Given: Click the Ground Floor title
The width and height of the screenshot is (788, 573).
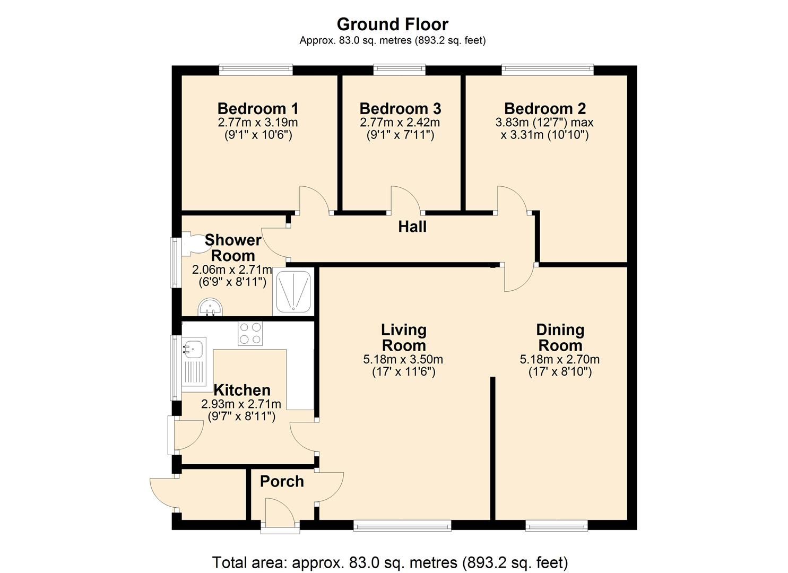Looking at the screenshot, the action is pos(393,24).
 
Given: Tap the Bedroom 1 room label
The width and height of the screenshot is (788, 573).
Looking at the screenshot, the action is pos(258,108).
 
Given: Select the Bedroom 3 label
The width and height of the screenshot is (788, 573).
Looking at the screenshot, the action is pos(400,108).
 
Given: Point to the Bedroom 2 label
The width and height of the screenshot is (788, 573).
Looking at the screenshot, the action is pos(545,108).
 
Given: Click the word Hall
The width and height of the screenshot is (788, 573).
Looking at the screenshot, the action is pos(412,227).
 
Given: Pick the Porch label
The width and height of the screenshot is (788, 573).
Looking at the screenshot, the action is pos(282,482).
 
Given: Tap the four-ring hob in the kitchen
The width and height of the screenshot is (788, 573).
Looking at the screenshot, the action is pos(250,334).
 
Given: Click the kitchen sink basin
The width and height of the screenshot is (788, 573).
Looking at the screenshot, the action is pos(193,348).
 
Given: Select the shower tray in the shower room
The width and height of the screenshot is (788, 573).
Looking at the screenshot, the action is pos(293,292).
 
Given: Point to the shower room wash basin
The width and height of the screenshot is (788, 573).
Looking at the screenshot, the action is pos(210,308).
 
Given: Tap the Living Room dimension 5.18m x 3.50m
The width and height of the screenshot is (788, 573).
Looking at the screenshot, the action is pos(403,360).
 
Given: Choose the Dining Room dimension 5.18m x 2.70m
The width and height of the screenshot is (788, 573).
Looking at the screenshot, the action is pos(560,360).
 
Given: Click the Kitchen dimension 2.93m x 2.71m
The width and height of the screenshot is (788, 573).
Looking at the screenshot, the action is pos(241,404).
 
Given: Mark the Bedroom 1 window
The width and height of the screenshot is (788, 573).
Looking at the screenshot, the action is pos(256,70).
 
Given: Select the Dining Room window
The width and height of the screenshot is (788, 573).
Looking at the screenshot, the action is pos(557,526).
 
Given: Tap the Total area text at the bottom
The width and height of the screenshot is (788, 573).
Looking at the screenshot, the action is pos(390,562).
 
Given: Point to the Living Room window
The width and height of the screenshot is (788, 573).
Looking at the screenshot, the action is pos(402,526).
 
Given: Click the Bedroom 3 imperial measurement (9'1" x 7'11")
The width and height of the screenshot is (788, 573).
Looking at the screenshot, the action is pos(400,135).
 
